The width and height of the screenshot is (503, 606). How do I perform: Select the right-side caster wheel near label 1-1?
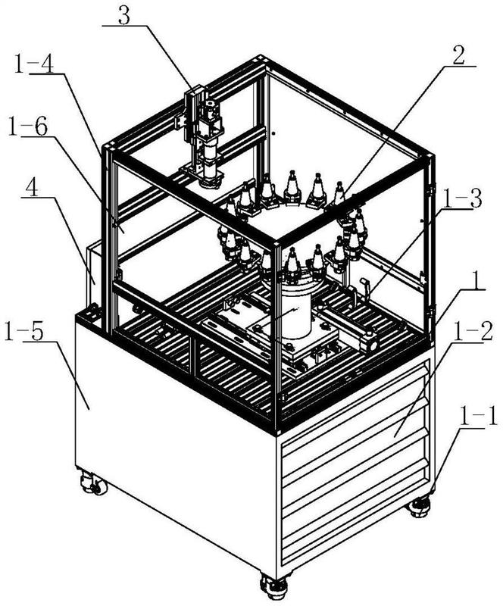click(x=420, y=505)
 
